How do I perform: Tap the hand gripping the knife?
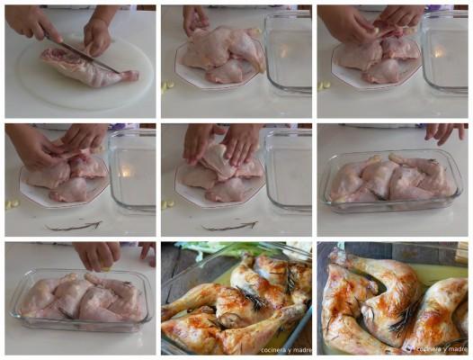tap(33, 22)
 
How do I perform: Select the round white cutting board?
tap(85, 74)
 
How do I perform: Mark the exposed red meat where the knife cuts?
tap(58, 54)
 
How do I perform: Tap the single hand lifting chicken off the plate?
tap(195, 19)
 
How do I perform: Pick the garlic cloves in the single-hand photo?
tap(168, 86)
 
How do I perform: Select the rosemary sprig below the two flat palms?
tap(230, 227)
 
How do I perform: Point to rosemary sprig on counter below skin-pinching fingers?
tap(74, 226)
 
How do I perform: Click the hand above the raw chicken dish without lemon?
tap(445, 132)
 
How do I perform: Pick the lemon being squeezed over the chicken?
tap(106, 268)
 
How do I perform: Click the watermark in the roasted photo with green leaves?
tap(286, 350)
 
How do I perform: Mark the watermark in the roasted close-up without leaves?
tap(442, 349)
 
